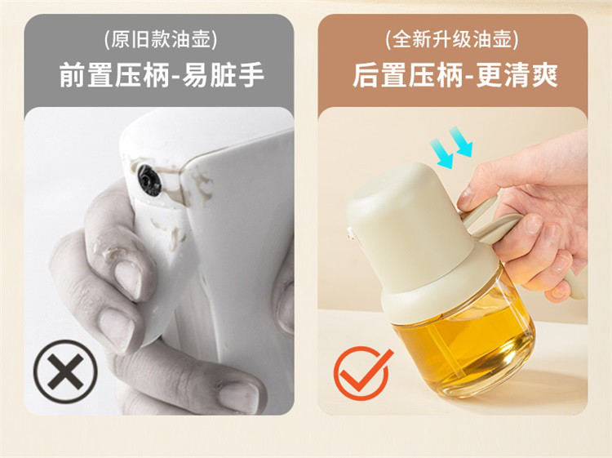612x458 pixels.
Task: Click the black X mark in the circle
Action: (x=65, y=371)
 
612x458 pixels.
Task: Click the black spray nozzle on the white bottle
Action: (x=149, y=180)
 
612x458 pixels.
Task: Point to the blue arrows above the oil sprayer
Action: (x=451, y=147)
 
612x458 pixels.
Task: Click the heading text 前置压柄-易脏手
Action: (x=162, y=75)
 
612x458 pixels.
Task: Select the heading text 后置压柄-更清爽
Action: (x=455, y=75)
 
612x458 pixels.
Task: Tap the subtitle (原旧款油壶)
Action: (x=161, y=40)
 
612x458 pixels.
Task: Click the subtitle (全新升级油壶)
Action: (x=452, y=40)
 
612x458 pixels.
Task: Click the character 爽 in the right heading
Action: (x=544, y=75)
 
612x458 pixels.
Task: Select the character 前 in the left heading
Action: (x=72, y=75)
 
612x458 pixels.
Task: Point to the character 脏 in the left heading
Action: (x=224, y=75)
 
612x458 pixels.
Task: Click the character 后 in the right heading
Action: (x=366, y=75)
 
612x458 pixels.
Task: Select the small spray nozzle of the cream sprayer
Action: (x=350, y=233)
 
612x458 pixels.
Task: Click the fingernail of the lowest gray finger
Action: (x=238, y=398)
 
